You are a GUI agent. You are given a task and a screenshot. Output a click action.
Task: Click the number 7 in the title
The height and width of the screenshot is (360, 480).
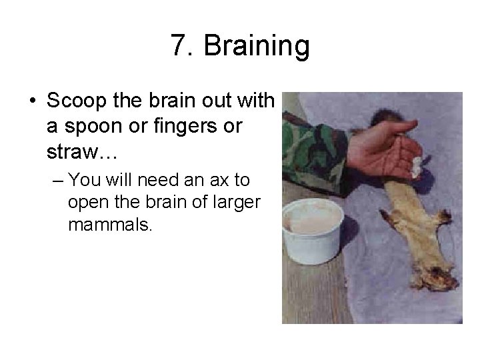coord(178,47)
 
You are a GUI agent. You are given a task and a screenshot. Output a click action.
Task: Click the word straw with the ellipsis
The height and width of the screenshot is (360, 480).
coord(81,153)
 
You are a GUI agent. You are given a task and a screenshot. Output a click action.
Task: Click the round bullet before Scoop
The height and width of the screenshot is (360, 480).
coord(33,102)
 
